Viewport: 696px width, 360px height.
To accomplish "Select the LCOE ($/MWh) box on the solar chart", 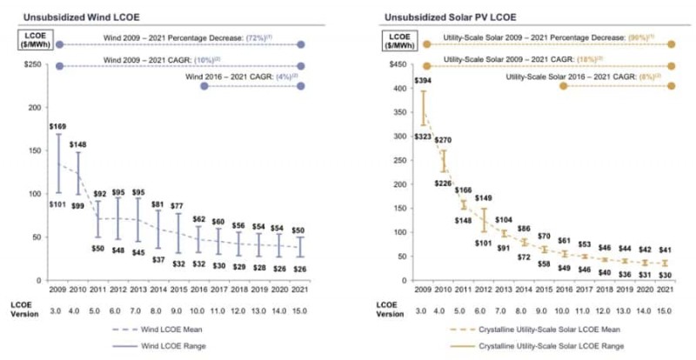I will (402, 42).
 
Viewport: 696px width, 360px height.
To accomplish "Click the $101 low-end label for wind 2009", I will (59, 205).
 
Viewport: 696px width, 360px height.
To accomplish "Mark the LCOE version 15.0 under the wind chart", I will (300, 311).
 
